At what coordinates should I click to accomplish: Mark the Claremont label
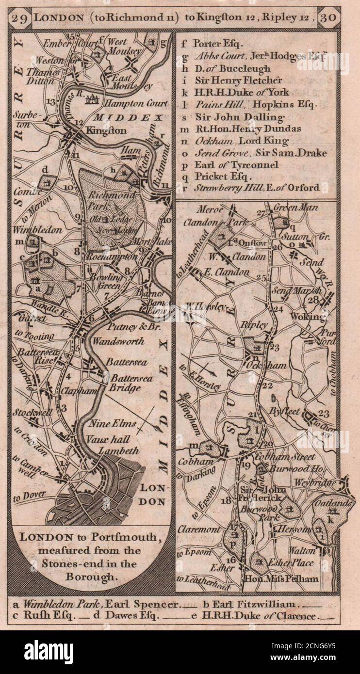tap(199, 530)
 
